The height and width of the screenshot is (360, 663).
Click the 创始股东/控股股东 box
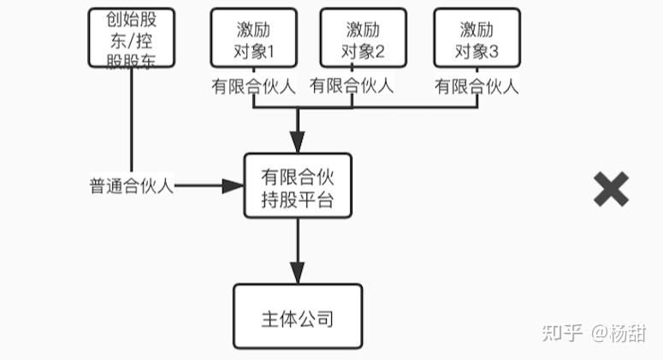133,38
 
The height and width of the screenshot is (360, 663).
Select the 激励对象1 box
254,38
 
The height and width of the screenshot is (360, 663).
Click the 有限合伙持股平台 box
297,189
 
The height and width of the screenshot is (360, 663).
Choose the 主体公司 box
297,319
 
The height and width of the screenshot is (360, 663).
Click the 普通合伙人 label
132,186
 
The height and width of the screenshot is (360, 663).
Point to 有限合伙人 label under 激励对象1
253,86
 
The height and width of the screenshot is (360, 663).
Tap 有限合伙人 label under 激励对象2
352,86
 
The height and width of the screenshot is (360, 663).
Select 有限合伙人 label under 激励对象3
477,86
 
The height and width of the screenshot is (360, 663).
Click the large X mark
611,188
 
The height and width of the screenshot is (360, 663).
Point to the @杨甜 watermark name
619,333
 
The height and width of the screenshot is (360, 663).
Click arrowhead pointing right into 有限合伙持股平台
234,186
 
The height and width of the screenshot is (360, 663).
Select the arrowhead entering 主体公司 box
297,273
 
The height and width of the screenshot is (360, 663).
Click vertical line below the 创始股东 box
133,120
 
